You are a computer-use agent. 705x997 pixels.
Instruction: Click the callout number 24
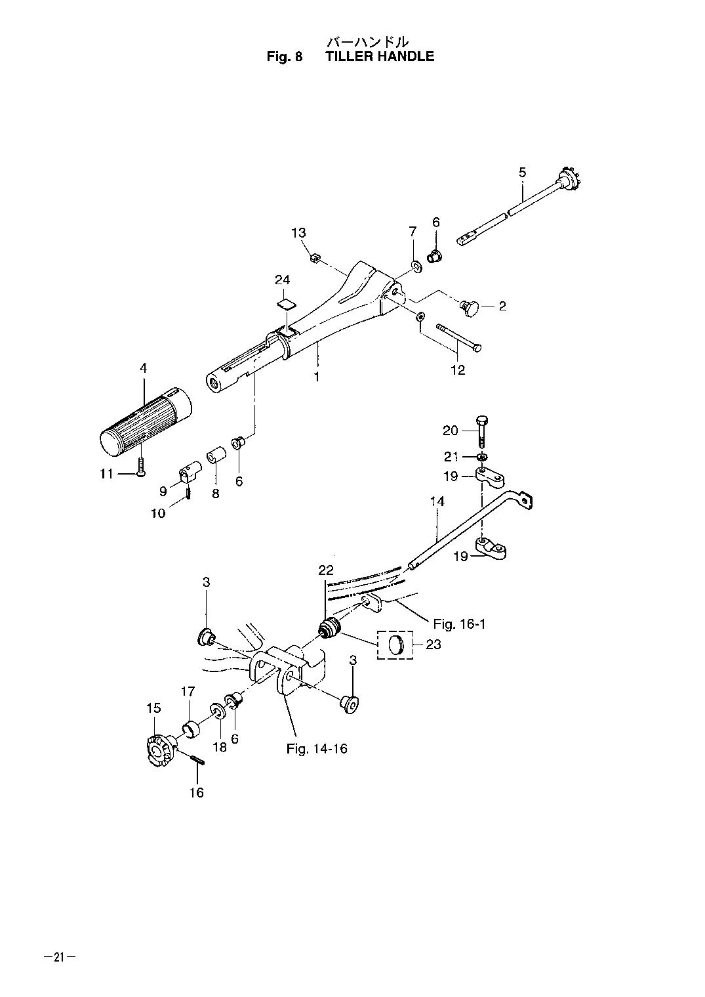coord(283,280)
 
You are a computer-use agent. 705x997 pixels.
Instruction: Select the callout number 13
coord(299,233)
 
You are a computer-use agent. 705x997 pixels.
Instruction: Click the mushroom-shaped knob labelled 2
coord(468,307)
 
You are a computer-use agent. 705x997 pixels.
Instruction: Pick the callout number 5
coord(522,172)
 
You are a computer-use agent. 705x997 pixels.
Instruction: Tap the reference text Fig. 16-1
coord(460,624)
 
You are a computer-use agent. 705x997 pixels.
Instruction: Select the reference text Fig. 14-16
coord(317,749)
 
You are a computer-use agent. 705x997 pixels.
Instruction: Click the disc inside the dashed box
coord(395,645)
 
